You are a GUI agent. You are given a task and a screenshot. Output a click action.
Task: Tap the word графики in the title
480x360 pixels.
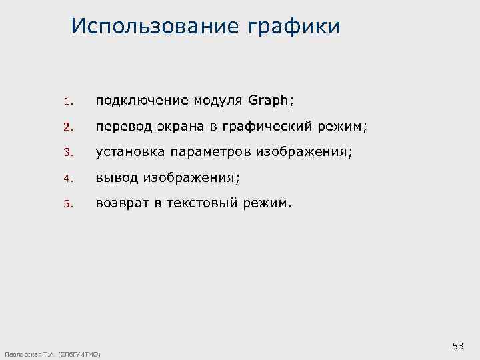pyautogui.click(x=294, y=27)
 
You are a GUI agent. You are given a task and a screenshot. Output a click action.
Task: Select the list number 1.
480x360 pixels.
pyautogui.click(x=67, y=102)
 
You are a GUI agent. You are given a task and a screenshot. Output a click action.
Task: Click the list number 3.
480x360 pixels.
pyautogui.click(x=67, y=153)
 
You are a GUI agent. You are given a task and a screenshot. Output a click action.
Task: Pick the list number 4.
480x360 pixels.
pyautogui.click(x=67, y=178)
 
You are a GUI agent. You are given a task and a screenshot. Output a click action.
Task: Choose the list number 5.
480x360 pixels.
pyautogui.click(x=67, y=203)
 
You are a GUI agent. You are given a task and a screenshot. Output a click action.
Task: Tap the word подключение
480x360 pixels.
pyautogui.click(x=142, y=101)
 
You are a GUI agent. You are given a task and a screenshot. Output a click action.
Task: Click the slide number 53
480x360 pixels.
pyautogui.click(x=458, y=345)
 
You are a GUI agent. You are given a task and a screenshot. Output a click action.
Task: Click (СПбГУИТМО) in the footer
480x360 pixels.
pyautogui.click(x=80, y=353)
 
